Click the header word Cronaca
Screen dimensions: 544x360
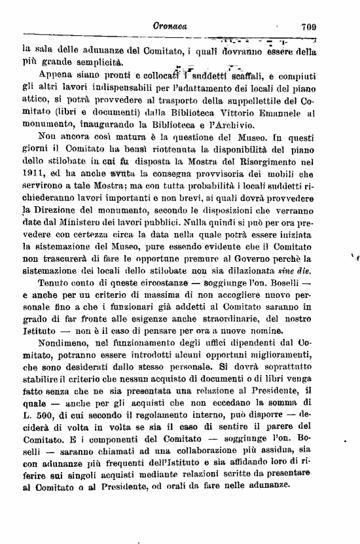(x=169, y=27)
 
